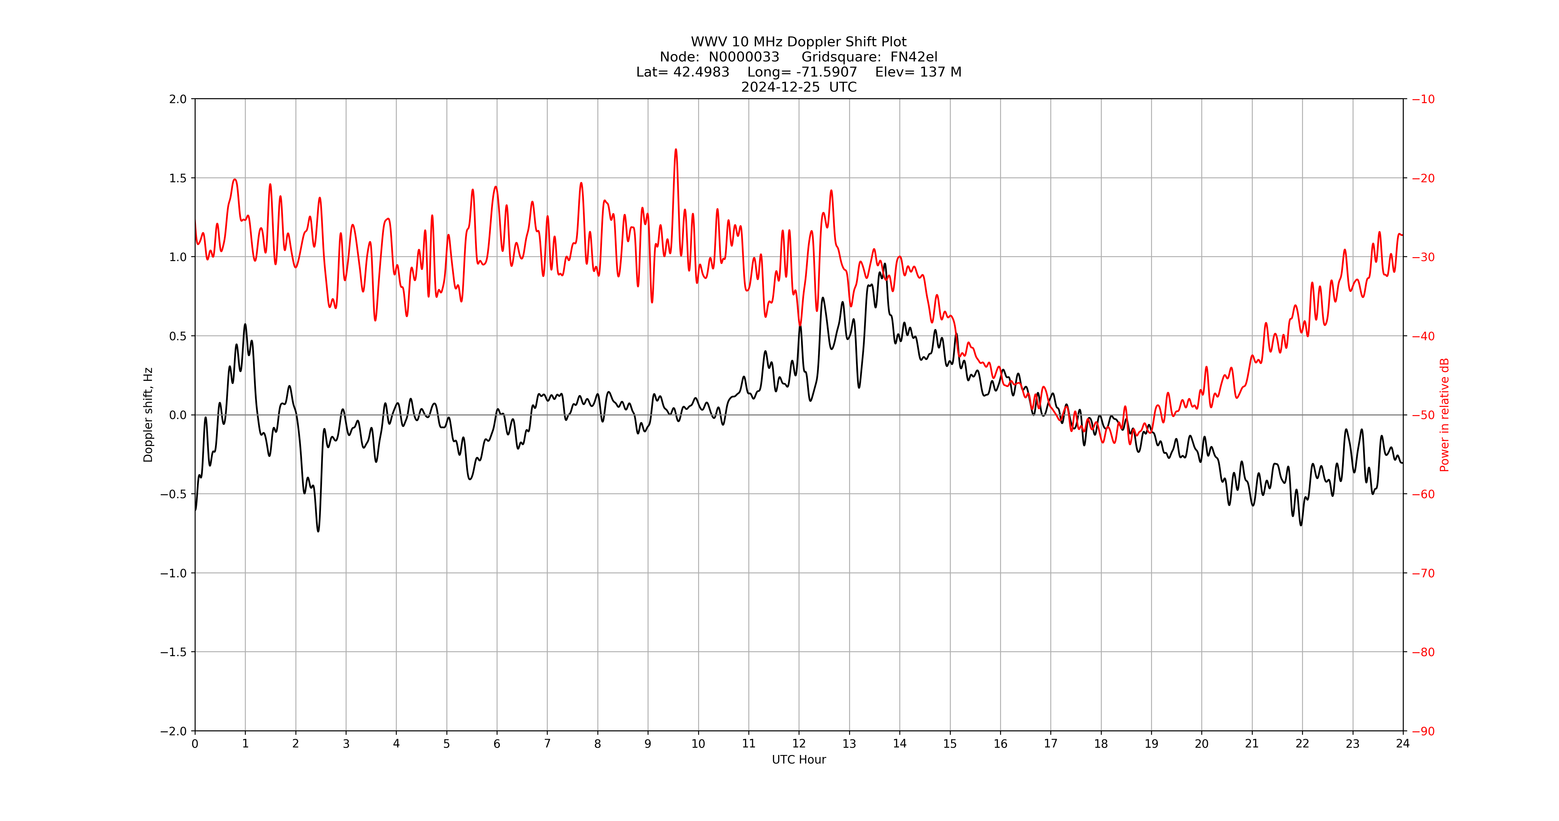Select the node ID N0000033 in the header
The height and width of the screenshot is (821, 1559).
744,57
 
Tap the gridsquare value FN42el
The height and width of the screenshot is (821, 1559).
914,57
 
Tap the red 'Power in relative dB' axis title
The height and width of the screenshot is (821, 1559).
1444,415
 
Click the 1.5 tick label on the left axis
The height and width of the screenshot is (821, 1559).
178,178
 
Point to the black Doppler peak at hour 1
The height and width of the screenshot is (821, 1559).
245,324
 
